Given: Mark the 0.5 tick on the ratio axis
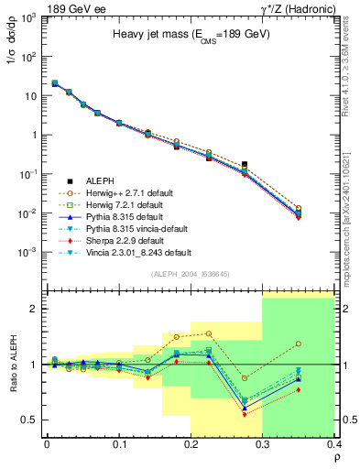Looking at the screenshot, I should click(31, 420).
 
